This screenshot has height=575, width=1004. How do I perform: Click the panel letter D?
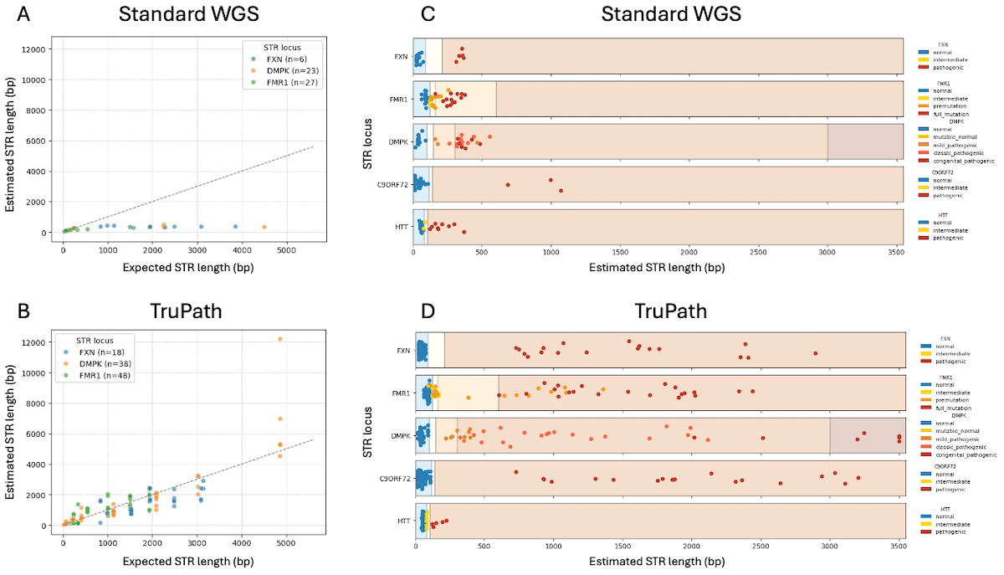click(x=428, y=311)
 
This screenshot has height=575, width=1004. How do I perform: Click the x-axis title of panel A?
click(x=176, y=268)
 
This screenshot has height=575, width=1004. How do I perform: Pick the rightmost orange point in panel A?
click(x=264, y=227)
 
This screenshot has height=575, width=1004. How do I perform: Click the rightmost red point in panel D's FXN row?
click(x=815, y=352)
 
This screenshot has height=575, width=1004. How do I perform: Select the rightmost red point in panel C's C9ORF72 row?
click(x=561, y=191)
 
